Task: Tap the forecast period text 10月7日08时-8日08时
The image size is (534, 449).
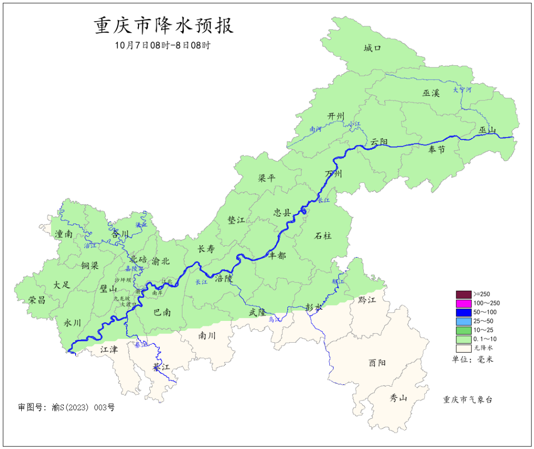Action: (163, 45)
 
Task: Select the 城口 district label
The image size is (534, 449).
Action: (372, 48)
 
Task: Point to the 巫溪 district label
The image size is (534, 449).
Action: (431, 92)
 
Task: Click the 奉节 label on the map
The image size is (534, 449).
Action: (437, 149)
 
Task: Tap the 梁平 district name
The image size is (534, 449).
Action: (267, 179)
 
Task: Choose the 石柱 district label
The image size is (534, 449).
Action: (323, 235)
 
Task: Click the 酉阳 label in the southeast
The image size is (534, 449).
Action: (377, 362)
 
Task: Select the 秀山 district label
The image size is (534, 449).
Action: (398, 398)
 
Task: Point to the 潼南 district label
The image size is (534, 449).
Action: (64, 234)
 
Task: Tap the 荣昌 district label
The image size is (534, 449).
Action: (37, 300)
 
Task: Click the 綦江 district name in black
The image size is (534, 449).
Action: (161, 367)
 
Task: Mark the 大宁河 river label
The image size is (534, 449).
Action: (462, 90)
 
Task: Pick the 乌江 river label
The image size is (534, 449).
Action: (274, 320)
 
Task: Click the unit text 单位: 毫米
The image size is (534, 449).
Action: (472, 359)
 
